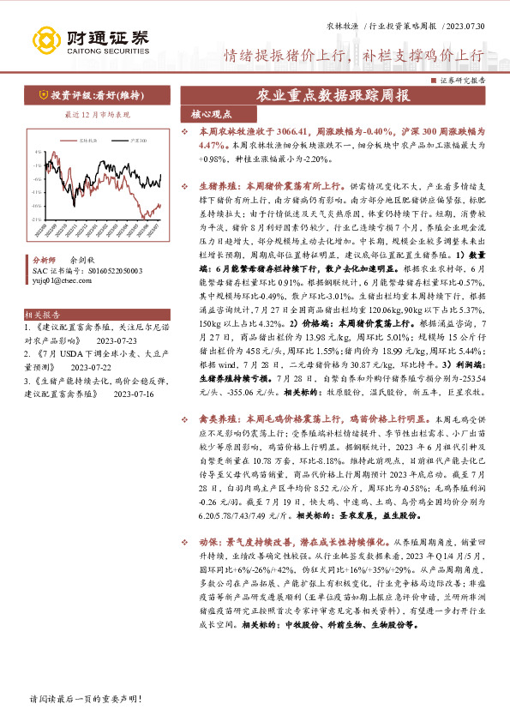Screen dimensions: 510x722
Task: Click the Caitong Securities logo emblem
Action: point(44,39)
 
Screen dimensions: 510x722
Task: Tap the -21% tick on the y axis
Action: point(36,219)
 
